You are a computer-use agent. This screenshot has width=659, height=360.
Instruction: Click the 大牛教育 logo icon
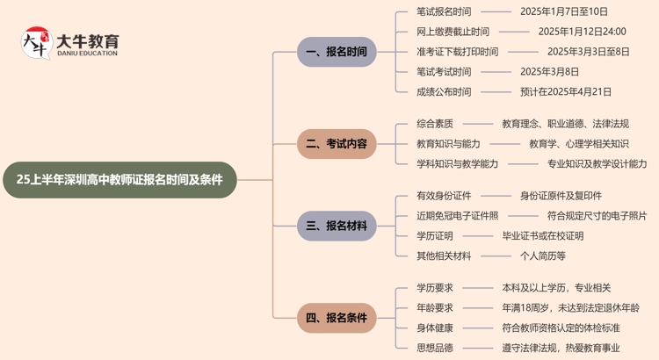coord(35,43)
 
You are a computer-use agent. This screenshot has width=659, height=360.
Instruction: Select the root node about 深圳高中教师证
coord(119,180)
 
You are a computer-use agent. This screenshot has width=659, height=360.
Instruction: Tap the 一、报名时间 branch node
coord(337,52)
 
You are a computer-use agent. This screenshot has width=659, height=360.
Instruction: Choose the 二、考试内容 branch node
coord(337,143)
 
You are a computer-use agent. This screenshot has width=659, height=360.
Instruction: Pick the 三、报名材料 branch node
coord(337,226)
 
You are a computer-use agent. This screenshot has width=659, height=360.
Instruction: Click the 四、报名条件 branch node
coord(337,317)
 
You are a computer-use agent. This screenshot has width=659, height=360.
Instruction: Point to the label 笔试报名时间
coord(444,12)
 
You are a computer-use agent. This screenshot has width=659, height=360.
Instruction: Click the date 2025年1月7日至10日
coord(563,12)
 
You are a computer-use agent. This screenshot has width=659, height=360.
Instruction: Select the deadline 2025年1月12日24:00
coord(576,32)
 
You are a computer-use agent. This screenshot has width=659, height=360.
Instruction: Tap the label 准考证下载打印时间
coord(457,52)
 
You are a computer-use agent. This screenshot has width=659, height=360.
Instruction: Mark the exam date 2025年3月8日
coord(549,72)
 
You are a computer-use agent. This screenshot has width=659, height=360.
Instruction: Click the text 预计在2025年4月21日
coord(567,91)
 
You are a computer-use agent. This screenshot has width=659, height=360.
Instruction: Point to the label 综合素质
coord(435,124)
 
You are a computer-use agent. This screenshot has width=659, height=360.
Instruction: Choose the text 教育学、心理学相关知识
coord(578,143)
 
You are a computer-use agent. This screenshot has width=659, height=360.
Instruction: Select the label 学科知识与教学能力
coord(457,163)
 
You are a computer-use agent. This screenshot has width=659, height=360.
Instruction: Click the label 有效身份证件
coord(444,196)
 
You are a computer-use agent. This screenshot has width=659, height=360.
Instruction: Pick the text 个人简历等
coord(542,256)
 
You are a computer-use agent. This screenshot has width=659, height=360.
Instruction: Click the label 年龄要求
coord(435,307)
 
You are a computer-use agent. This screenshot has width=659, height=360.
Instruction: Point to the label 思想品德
coord(435,347)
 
